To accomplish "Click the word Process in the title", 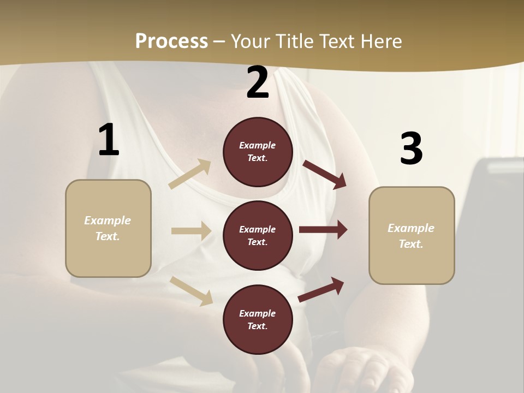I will point(171,41).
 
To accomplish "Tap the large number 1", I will point(109,140).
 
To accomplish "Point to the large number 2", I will point(258,83).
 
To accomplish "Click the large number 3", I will point(411,149).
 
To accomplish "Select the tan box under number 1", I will point(108,228).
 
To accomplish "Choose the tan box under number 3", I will point(412,235).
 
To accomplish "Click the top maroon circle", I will point(258,152).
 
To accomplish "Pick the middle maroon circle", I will point(258,235).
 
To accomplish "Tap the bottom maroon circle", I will point(258,319).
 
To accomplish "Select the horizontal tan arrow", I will point(191,231).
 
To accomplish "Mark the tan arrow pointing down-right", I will point(192,291).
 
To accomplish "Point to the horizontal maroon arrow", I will point(323,230).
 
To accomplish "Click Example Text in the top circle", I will point(258,152).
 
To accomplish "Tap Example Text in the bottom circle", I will point(258,320).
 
